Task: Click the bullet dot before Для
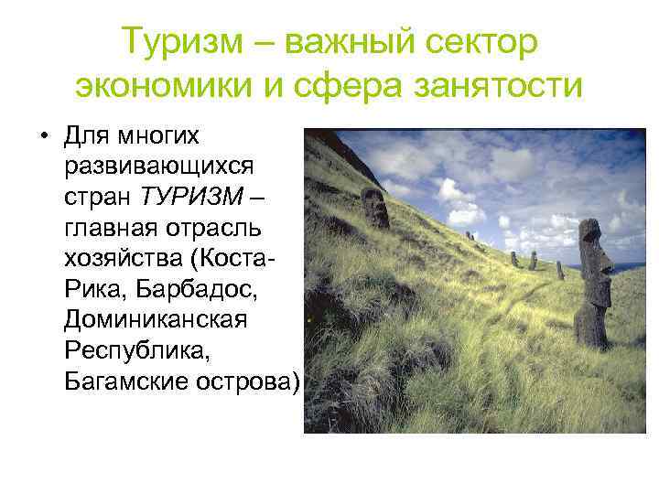tap(43, 138)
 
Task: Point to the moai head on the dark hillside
tap(375, 207)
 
